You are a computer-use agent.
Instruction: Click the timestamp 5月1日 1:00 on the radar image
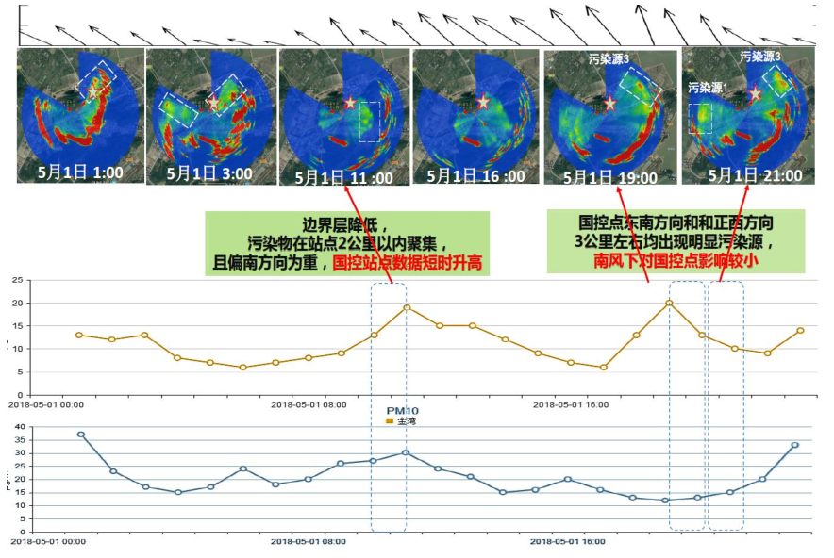[80, 172]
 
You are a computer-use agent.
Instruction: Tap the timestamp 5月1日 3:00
[209, 173]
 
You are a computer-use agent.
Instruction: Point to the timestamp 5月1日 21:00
[755, 175]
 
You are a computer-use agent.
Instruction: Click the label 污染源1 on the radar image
[708, 88]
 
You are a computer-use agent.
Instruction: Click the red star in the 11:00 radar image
[350, 103]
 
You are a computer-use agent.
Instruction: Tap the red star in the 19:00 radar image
[610, 103]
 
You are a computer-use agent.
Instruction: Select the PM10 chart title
[402, 411]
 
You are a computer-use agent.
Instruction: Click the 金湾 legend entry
[401, 421]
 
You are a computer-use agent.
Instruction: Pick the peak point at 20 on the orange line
[669, 303]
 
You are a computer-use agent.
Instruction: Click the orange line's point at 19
[407, 307]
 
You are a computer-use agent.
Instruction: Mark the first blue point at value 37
[80, 435]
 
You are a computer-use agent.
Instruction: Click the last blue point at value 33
[795, 445]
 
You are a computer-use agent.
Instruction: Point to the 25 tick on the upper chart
[16, 280]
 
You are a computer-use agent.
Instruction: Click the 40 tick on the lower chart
[16, 427]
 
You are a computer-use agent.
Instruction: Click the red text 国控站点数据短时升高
[409, 263]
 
